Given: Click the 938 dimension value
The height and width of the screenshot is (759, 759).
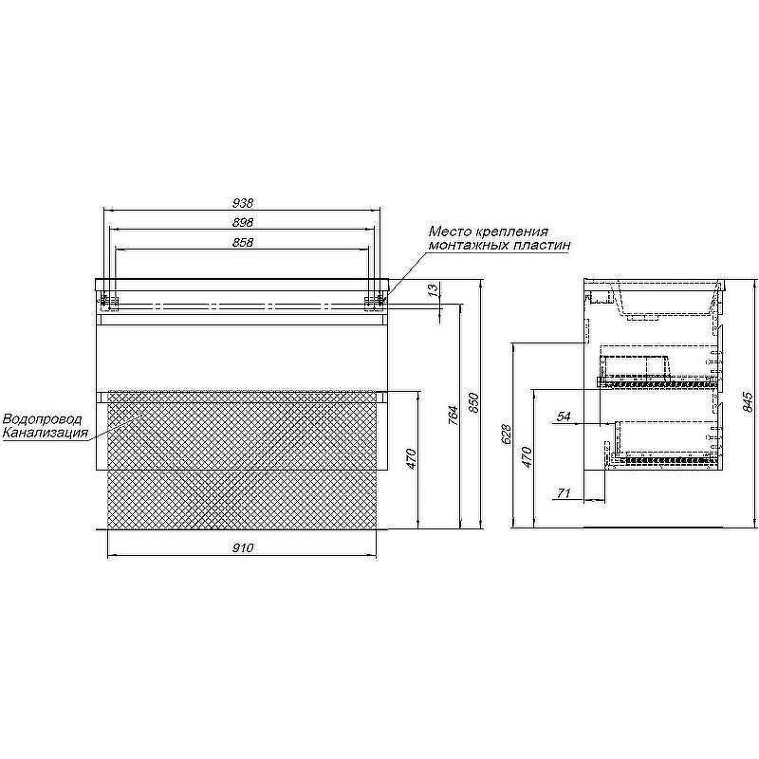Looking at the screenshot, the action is tap(243, 203).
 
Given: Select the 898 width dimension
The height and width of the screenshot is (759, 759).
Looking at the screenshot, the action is tap(243, 223).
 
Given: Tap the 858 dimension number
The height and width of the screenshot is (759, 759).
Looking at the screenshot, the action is tap(243, 242).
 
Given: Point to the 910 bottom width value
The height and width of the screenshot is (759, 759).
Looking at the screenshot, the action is tap(243, 548).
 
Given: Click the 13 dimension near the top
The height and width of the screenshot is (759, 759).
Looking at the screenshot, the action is tap(435, 289).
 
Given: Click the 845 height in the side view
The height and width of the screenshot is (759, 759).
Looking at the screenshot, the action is tap(748, 401).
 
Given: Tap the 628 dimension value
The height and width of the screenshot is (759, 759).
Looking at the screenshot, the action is tap(506, 435).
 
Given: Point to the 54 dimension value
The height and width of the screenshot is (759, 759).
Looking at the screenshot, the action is tap(564, 417).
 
